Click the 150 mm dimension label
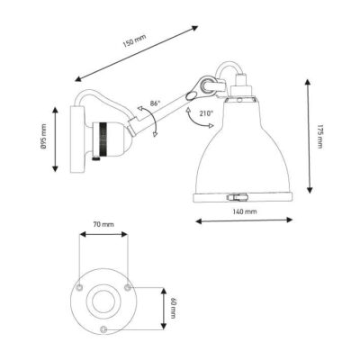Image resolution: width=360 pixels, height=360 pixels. pyautogui.click(x=134, y=41)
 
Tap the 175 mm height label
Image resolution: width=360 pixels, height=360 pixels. pyautogui.click(x=319, y=136)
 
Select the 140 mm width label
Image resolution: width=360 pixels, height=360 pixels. pyautogui.click(x=245, y=211)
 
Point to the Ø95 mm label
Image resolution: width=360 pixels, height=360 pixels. pyautogui.click(x=44, y=137)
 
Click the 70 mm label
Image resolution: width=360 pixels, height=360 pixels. pyautogui.click(x=103, y=224)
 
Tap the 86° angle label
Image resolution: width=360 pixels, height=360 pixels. pyautogui.click(x=155, y=103)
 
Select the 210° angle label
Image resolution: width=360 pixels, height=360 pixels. pyautogui.click(x=206, y=113)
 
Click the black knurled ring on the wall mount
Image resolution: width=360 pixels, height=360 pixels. pyautogui.click(x=103, y=139)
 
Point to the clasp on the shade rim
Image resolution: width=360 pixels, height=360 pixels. pyautogui.click(x=238, y=197)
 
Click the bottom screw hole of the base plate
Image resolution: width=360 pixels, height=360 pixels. pyautogui.click(x=103, y=328)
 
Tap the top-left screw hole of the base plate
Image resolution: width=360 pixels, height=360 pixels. pyautogui.click(x=79, y=288)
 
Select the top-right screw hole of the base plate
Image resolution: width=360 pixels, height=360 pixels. pyautogui.click(x=127, y=288)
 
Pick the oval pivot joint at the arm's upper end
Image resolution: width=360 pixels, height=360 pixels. pyautogui.click(x=191, y=96)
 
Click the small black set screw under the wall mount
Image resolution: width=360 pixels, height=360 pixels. pyautogui.click(x=95, y=158)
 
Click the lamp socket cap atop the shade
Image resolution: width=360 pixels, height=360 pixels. pyautogui.click(x=241, y=85)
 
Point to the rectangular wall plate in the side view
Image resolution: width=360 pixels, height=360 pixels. pyautogui.click(x=77, y=139)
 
